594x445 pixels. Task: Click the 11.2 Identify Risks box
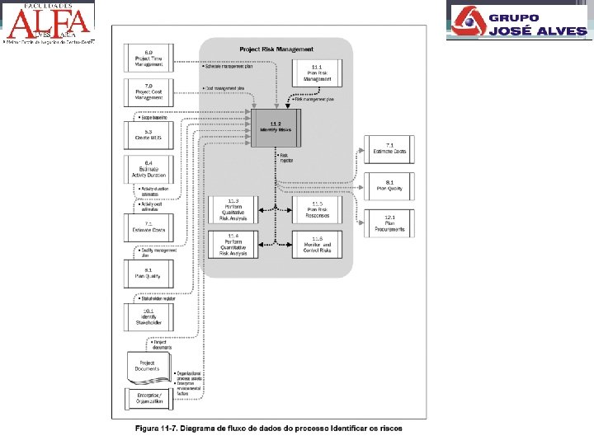click(x=276, y=128)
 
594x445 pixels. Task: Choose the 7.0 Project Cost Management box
click(x=148, y=92)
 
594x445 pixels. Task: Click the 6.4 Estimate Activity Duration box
click(x=148, y=169)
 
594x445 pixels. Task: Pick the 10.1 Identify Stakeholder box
click(x=148, y=316)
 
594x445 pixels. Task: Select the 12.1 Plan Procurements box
click(x=389, y=223)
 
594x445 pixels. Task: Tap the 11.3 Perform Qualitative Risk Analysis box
click(x=233, y=209)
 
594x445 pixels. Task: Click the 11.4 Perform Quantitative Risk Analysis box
click(x=233, y=244)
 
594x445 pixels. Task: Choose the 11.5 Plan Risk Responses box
click(x=317, y=209)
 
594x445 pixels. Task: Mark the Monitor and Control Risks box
click(x=317, y=245)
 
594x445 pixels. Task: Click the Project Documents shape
click(x=148, y=365)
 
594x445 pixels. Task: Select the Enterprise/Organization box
click(x=148, y=400)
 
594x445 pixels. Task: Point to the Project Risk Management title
click(x=276, y=49)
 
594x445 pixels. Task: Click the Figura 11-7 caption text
click(x=269, y=429)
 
